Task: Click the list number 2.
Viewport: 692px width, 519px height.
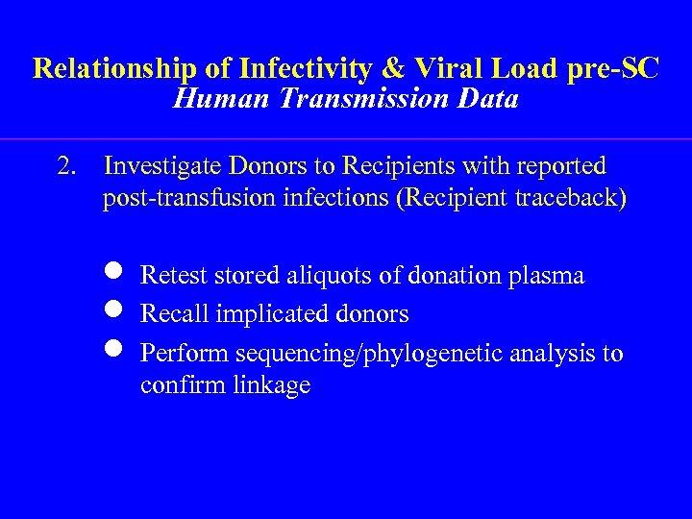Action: (x=66, y=166)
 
